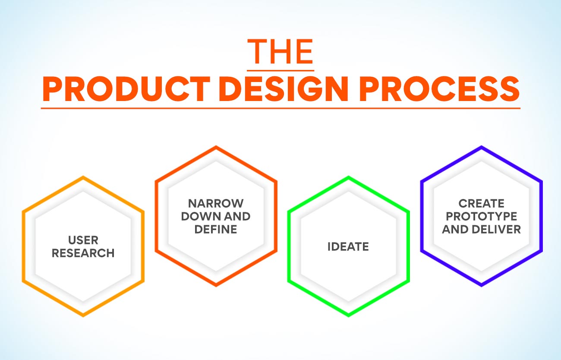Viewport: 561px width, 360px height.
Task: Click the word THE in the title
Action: (x=280, y=52)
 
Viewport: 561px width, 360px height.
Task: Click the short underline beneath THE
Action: (x=280, y=69)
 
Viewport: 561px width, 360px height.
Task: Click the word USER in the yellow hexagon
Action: (x=83, y=240)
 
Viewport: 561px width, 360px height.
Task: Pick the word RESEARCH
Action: (x=83, y=253)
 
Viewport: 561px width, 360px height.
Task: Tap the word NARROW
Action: (x=216, y=203)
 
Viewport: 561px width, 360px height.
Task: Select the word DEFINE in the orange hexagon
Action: (x=216, y=229)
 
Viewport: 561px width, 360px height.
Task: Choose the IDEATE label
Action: (x=348, y=247)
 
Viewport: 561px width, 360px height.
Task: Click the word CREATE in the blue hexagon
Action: (x=481, y=203)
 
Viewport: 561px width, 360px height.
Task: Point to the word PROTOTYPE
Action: (x=481, y=216)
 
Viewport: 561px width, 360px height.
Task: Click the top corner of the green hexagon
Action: (x=348, y=177)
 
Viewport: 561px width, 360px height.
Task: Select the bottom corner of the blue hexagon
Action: (x=481, y=285)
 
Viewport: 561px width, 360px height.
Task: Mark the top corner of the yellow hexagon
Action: (x=83, y=177)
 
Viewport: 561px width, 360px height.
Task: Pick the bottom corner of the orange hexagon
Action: (x=216, y=285)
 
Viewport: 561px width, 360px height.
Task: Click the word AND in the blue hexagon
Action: (x=452, y=229)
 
